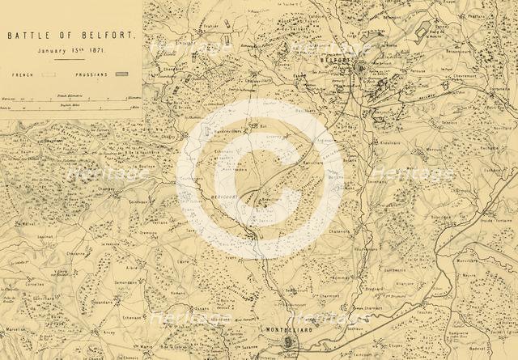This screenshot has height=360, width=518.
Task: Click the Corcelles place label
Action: [x=35, y=286]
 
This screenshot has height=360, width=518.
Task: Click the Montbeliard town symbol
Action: [x=290, y=343]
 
